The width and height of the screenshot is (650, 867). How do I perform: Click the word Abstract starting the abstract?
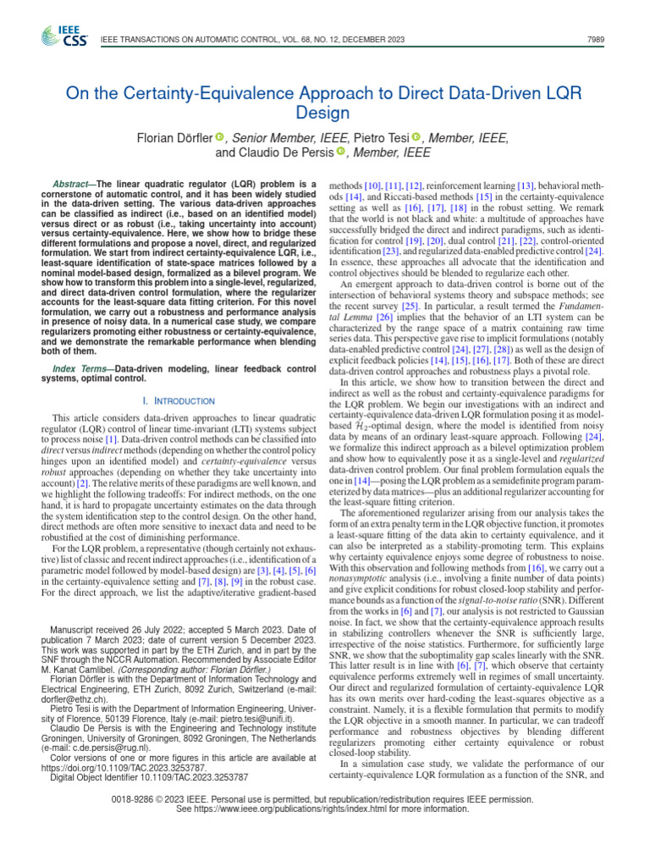[74, 184]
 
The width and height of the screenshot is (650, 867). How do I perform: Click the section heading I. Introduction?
[179, 400]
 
